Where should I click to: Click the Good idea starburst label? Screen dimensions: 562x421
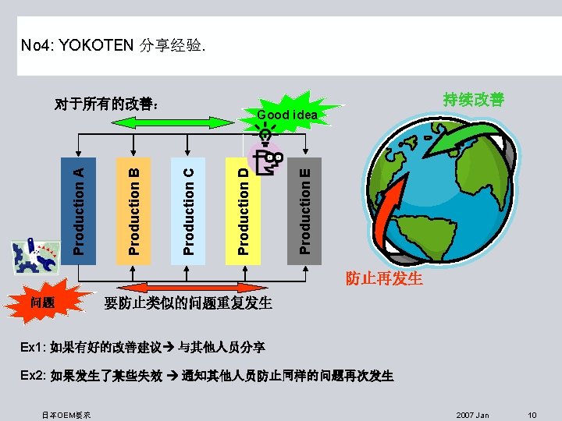click(287, 115)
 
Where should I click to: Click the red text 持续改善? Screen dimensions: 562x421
click(473, 100)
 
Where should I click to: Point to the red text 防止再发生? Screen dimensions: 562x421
click(384, 278)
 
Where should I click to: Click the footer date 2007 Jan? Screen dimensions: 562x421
click(472, 415)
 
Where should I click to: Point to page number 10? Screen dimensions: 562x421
click(532, 415)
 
